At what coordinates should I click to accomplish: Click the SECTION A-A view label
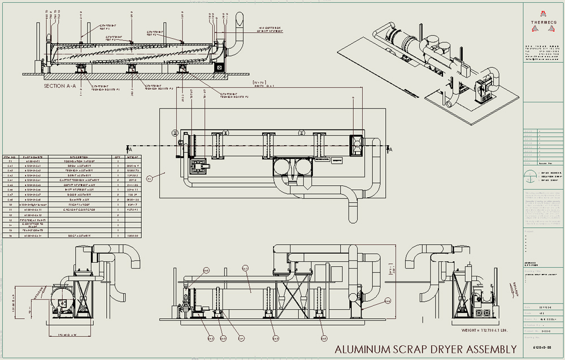62,86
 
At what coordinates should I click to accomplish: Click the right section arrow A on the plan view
390,148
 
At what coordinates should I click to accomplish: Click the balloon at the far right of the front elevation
387,301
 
